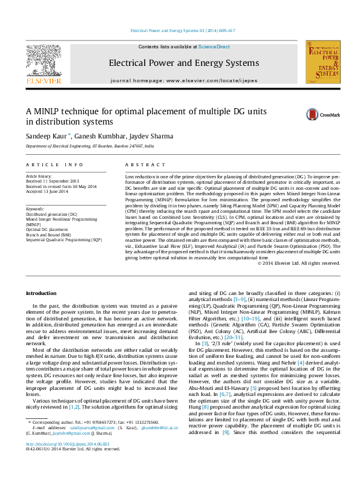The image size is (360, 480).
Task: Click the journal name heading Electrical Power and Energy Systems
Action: pos(183,62)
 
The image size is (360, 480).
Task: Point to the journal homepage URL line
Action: pos(183,80)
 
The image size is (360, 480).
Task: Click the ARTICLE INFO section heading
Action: pos(54,164)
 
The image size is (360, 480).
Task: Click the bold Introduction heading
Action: pos(41,293)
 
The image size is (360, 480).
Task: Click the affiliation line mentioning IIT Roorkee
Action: pos(90,146)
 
